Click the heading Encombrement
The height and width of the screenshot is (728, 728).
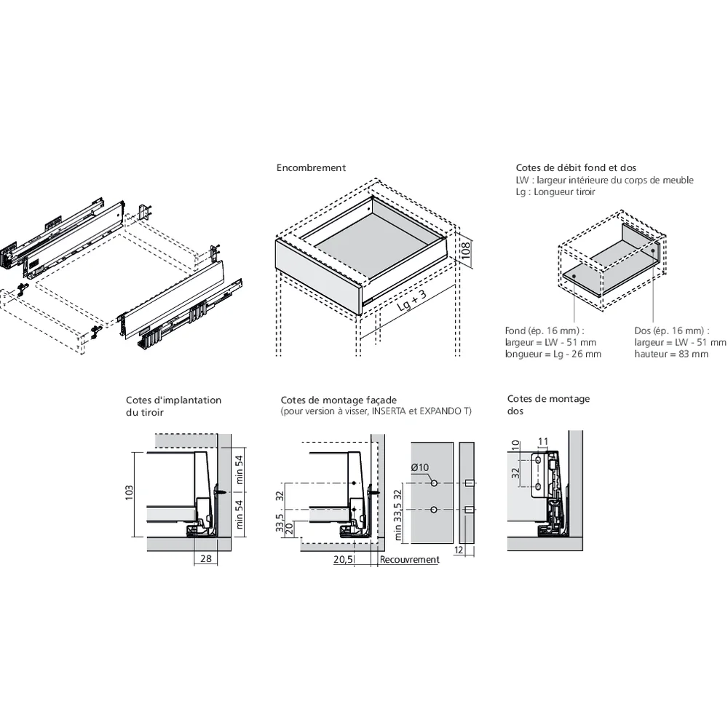pyautogui.click(x=311, y=168)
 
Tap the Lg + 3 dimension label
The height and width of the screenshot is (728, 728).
pyautogui.click(x=412, y=300)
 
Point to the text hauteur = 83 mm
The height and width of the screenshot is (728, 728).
pyautogui.click(x=671, y=354)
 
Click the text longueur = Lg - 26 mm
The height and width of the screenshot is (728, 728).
pyautogui.click(x=553, y=354)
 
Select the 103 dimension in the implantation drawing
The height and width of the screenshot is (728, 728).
pyautogui.click(x=130, y=494)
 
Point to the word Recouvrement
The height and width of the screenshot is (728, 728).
pyautogui.click(x=410, y=560)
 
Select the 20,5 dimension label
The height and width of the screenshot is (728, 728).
pyautogui.click(x=343, y=560)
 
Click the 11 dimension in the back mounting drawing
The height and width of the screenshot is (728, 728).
pyautogui.click(x=543, y=441)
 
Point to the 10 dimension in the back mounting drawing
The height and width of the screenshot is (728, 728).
pyautogui.click(x=515, y=445)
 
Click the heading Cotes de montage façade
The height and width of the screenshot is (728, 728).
pyautogui.click(x=339, y=400)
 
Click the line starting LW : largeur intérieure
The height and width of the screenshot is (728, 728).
pyautogui.click(x=604, y=180)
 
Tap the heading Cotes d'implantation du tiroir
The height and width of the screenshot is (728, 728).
pyautogui.click(x=173, y=405)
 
